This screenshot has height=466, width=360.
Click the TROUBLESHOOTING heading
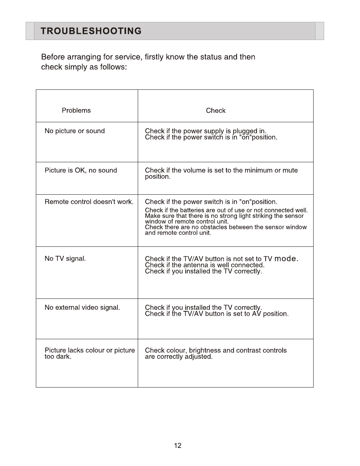(91, 31)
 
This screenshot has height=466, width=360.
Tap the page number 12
(178, 446)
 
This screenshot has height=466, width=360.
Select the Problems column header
(76, 111)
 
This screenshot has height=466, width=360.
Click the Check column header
(215, 111)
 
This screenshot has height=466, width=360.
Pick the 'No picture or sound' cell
(75, 131)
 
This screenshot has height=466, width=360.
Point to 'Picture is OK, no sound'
(81, 170)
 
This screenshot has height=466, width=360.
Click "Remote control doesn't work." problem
(89, 202)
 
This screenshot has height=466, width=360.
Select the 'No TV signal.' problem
(65, 258)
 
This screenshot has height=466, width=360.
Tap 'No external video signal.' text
(82, 308)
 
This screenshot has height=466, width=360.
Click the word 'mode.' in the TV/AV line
(286, 258)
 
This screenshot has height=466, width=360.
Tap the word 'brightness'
(205, 351)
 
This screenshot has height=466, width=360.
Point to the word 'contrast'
(248, 351)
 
